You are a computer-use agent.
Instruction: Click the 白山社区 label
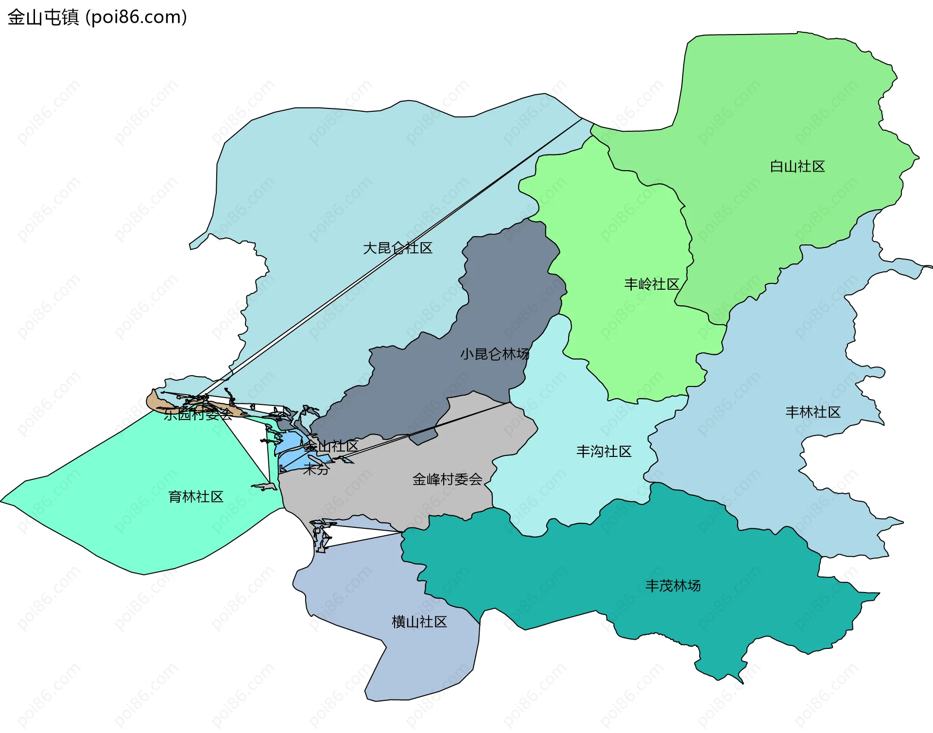click(x=797, y=167)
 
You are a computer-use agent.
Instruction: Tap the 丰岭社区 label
click(x=651, y=284)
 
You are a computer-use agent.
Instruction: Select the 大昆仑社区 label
click(x=397, y=248)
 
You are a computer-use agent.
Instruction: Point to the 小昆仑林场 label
click(x=495, y=354)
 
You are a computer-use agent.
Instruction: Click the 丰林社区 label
click(x=812, y=413)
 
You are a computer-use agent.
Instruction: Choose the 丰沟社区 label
click(x=604, y=452)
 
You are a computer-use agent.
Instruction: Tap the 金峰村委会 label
click(x=447, y=480)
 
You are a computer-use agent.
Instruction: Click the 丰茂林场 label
click(x=673, y=586)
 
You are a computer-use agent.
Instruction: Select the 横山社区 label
click(x=419, y=622)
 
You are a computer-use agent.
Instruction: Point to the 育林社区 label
click(x=195, y=497)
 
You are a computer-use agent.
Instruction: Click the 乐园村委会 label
click(x=198, y=415)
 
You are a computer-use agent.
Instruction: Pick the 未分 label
click(x=316, y=469)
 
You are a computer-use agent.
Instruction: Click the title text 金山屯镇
click(x=43, y=17)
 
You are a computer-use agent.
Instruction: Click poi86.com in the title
click(x=136, y=17)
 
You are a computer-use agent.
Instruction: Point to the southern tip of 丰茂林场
click(x=742, y=681)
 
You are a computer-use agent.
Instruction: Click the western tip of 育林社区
click(x=3, y=500)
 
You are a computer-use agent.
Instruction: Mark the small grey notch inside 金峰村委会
click(x=422, y=437)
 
